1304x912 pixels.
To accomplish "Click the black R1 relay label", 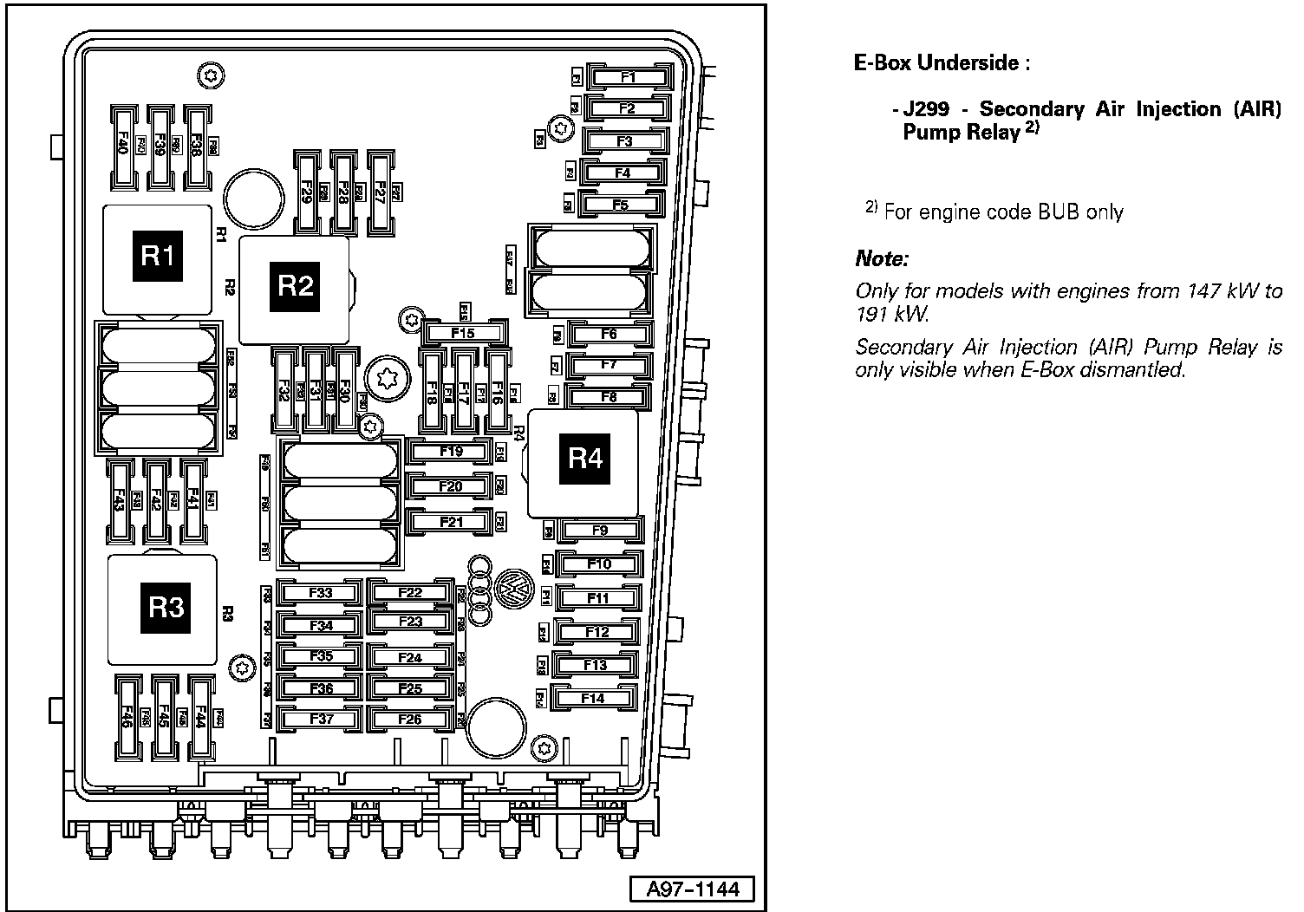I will pos(157,256).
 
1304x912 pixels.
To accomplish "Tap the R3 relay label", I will pos(166,607).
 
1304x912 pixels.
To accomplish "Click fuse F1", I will pos(629,77).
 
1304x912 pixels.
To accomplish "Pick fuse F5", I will pos(620,205).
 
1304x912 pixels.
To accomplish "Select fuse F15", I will pos(463,333).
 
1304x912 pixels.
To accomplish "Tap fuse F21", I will pos(451,522).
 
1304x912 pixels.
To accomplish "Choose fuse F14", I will pos(593,698).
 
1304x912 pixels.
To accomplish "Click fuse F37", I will pos(320,719).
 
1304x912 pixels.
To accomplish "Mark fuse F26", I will pos(409,719).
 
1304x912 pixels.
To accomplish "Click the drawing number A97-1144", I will pos(691,889).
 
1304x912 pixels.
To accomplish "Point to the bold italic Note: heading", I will pos(882,258).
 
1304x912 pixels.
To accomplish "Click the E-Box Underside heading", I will pos(942,62).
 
